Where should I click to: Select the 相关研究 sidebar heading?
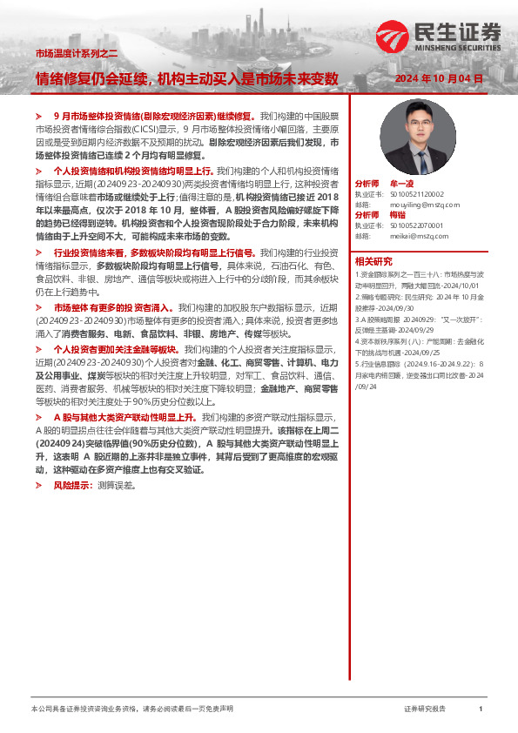372,261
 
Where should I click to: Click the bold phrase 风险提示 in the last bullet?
74,484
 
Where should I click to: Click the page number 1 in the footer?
481,709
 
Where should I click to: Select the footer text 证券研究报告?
425,709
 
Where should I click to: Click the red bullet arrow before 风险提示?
37,484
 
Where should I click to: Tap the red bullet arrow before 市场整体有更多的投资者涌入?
37,308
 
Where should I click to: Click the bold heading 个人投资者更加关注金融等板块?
116,348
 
